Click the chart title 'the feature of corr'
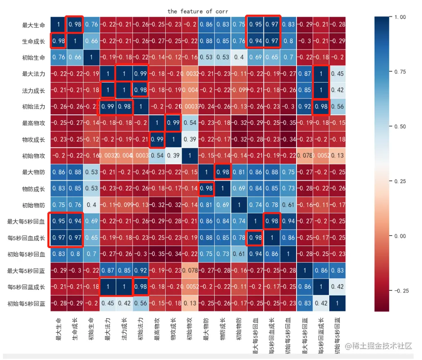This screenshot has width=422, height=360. (x=198, y=11)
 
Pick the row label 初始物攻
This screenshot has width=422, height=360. (x=34, y=156)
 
